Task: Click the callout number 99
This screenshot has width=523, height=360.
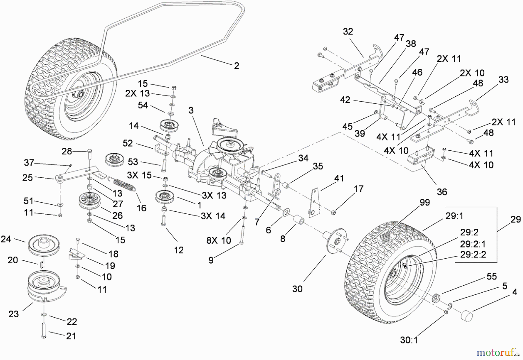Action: (425, 202)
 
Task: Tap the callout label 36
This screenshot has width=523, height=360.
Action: (442, 192)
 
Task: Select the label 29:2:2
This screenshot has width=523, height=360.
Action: (473, 255)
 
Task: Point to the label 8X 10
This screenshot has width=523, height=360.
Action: (218, 240)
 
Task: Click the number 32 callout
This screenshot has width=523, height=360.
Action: (348, 31)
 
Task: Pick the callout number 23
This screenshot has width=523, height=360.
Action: (13, 314)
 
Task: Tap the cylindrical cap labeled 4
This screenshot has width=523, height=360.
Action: (467, 315)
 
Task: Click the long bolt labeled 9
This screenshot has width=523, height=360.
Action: (242, 232)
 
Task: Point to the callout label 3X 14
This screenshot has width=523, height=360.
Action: (213, 216)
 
